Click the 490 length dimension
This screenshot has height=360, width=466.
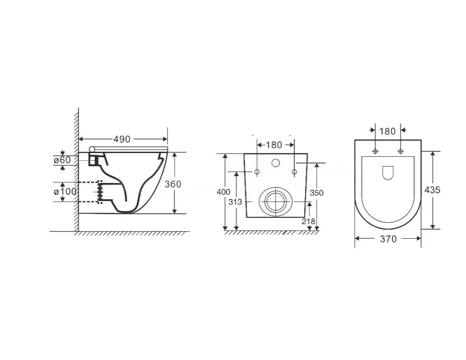(x=122, y=139)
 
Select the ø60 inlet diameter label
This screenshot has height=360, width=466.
(x=62, y=160)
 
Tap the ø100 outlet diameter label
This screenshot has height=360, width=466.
(x=65, y=191)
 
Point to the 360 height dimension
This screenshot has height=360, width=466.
(x=173, y=184)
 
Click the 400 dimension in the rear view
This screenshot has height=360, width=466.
(x=223, y=192)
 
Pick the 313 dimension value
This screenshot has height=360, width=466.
(x=235, y=202)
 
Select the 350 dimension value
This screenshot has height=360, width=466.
(x=317, y=193)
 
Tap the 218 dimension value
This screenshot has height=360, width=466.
(x=308, y=221)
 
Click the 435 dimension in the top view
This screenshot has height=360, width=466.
(x=432, y=190)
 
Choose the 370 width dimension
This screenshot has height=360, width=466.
(x=388, y=239)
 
